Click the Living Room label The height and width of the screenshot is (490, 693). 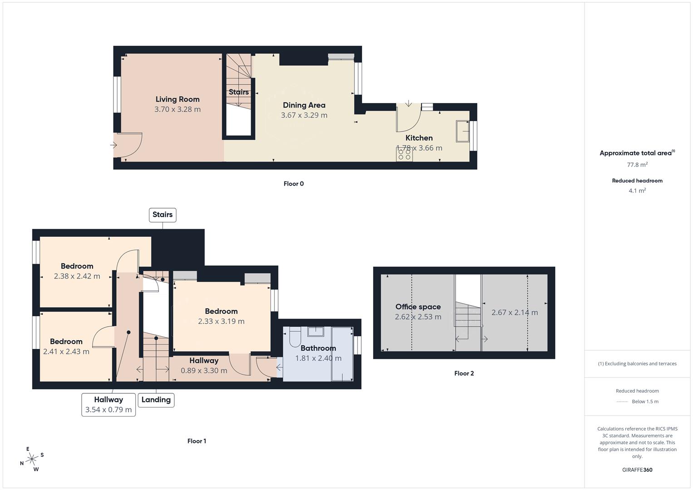[177, 99]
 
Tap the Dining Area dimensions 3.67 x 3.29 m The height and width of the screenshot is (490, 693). [304, 115]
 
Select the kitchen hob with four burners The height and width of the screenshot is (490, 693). [404, 155]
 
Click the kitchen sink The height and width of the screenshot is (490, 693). [463, 131]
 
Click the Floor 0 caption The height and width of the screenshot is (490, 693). [294, 184]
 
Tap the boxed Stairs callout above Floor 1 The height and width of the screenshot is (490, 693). [162, 215]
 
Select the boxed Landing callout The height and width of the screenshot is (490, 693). [156, 400]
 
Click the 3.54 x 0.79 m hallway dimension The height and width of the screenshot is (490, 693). [108, 410]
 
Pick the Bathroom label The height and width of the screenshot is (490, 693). [318, 348]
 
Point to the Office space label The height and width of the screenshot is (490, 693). [418, 307]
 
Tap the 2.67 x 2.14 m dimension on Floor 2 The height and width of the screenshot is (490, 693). [515, 313]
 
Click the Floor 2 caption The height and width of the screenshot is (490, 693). [464, 373]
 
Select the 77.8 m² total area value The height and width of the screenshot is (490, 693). [637, 165]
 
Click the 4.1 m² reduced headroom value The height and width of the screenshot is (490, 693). [637, 191]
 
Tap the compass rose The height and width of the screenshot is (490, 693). [32, 459]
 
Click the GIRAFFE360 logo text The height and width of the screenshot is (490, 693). [637, 470]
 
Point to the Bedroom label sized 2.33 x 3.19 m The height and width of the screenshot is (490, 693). [221, 311]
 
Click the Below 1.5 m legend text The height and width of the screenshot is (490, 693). [645, 402]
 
